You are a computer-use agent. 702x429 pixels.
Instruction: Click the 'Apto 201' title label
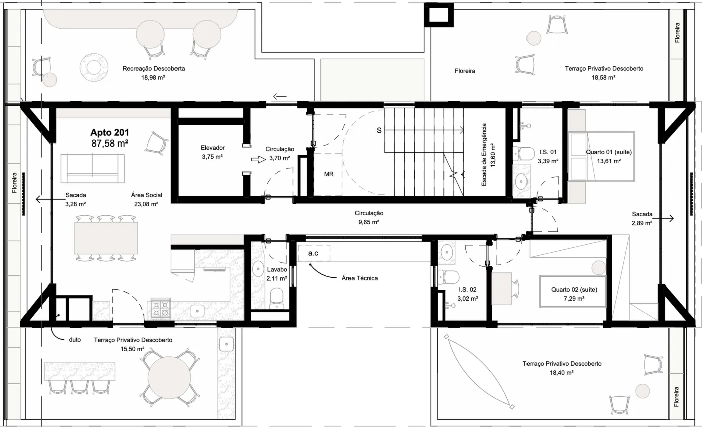[110, 132]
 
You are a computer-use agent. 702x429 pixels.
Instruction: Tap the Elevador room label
[213, 148]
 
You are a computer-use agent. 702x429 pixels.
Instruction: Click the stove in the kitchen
[161, 308]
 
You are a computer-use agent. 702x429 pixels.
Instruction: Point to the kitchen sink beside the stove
[197, 311]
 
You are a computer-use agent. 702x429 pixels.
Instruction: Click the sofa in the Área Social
[92, 168]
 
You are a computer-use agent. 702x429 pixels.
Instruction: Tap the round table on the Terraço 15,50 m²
[169, 377]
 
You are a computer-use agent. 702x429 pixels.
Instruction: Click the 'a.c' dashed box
[314, 253]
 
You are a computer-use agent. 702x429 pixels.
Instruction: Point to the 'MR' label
[329, 174]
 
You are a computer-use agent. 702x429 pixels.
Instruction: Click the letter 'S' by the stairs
[379, 131]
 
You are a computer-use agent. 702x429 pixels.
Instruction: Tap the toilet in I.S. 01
[523, 154]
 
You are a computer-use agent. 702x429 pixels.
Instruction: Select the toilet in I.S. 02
[448, 277]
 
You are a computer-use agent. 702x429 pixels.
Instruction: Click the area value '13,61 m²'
[609, 161]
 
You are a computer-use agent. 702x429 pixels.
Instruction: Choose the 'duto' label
[75, 340]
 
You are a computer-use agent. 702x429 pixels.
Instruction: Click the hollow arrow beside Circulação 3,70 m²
[258, 160]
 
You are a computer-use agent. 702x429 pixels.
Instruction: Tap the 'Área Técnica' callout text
[360, 278]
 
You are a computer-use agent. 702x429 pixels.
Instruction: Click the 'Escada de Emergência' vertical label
[484, 155]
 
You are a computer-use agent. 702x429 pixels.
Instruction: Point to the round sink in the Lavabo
[258, 269]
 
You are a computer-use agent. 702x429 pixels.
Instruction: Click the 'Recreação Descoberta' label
[153, 68]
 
